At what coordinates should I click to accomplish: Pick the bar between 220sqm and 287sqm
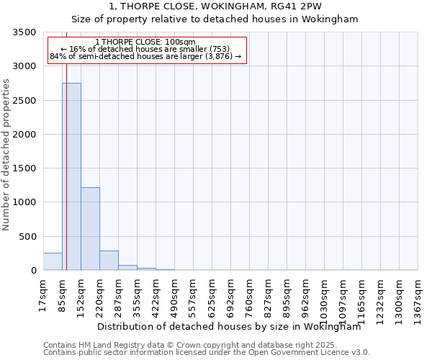tap(109, 261)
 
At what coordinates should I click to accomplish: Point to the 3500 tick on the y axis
tap(26, 32)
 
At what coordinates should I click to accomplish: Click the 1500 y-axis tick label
tap(26, 168)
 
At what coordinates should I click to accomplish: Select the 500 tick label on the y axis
tap(29, 237)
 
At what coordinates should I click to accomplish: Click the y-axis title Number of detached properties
tap(7, 155)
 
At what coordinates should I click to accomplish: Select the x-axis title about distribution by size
tap(229, 326)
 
